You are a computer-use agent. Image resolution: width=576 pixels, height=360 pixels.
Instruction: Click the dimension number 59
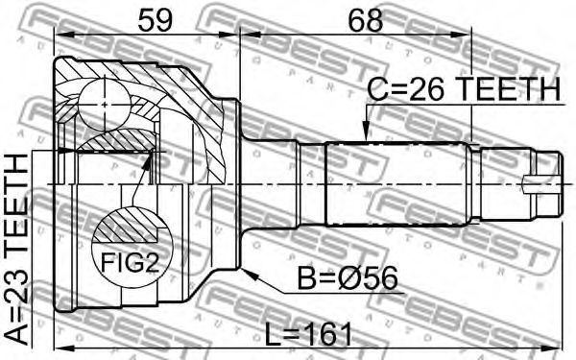(x=155, y=20)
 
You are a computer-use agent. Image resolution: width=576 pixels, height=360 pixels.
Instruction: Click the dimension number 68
(x=366, y=20)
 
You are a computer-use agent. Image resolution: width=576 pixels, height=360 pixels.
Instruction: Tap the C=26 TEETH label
(x=464, y=89)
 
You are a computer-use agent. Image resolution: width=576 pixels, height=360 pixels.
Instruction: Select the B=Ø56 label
(x=348, y=278)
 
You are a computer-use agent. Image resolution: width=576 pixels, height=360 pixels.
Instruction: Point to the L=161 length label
(x=308, y=334)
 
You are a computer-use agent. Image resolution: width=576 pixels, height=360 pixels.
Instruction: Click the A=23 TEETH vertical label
(x=16, y=250)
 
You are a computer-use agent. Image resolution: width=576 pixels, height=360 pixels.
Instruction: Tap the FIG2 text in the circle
(x=130, y=262)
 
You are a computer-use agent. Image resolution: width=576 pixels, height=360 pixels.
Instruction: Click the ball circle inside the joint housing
(x=105, y=105)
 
